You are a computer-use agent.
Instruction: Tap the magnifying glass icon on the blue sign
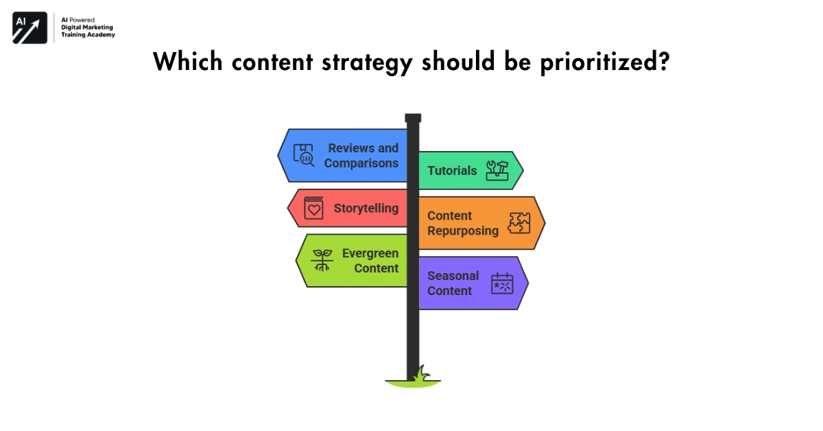(304, 156)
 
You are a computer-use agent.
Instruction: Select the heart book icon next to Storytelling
(313, 209)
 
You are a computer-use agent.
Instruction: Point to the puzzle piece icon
(519, 223)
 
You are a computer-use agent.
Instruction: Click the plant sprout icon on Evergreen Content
(322, 260)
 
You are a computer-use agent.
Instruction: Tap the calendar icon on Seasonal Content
(502, 283)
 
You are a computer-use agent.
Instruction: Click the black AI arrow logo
(29, 28)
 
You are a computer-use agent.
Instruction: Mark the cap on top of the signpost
(413, 118)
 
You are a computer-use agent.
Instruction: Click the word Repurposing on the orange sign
(463, 231)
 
